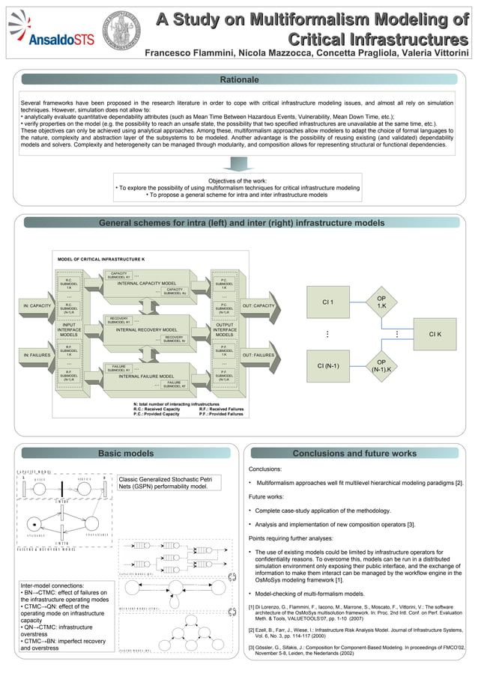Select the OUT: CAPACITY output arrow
258,305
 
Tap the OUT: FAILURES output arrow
258,355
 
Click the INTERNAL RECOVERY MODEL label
146,329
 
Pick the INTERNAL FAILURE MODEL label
146,376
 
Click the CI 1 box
327,302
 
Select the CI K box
435,334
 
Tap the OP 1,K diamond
381,302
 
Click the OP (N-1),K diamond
381,365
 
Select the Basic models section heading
126,453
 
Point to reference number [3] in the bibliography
252,645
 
